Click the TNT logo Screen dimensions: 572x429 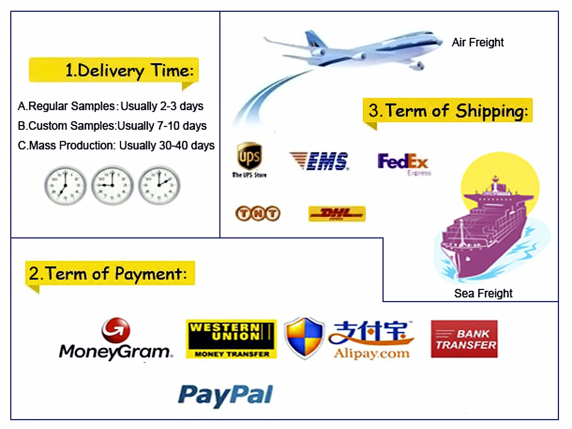click(257, 214)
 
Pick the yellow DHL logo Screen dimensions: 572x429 click(337, 214)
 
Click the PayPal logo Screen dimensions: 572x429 click(226, 394)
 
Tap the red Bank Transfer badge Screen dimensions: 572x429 click(464, 339)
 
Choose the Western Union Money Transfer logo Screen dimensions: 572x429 click(231, 339)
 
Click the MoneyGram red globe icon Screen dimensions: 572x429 click(115, 330)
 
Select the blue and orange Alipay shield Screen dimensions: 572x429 click(304, 338)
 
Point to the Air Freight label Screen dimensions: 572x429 click(477, 43)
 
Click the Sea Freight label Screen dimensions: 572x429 click(483, 294)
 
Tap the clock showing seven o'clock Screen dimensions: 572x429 click(65, 185)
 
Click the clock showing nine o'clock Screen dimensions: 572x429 click(112, 185)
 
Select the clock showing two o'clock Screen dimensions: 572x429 click(159, 185)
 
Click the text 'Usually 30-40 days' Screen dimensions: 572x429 click(167, 146)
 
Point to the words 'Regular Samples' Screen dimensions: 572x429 click(72, 106)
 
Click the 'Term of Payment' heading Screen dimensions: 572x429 click(111, 274)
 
